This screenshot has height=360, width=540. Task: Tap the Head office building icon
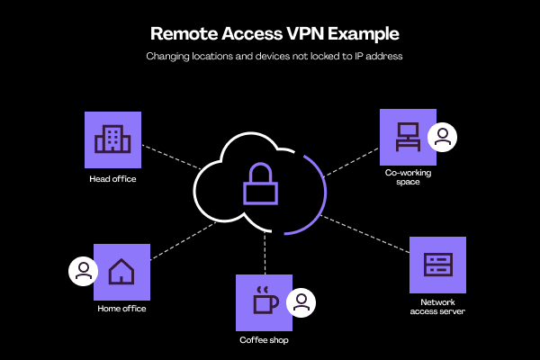coord(112,139)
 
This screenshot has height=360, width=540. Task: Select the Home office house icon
coord(121,271)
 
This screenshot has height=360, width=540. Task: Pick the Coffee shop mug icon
coord(264,301)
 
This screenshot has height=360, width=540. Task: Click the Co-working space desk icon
coord(408,137)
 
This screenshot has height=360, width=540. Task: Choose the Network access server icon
coord(437,265)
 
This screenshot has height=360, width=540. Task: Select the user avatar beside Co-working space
coord(443,137)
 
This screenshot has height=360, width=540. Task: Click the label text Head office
coord(112,178)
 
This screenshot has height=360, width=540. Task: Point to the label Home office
coord(121,309)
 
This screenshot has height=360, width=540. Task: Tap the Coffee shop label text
coord(264,340)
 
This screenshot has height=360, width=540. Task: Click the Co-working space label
coord(408,180)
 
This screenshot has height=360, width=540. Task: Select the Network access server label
coord(437,307)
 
